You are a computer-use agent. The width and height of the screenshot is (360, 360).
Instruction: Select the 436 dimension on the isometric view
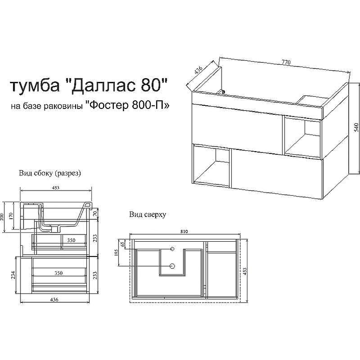[198, 71]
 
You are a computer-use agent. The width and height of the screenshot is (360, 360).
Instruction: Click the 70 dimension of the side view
[96, 214]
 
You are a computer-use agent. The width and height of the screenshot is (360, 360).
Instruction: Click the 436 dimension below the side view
[54, 300]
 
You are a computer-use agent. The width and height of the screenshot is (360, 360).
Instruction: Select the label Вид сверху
[148, 215]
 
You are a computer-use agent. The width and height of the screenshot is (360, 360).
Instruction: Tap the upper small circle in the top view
[173, 248]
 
